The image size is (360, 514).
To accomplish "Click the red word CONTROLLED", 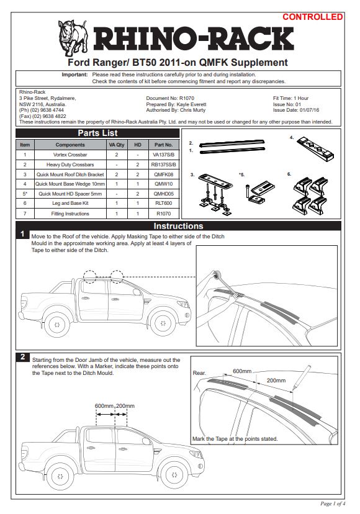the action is (x=312, y=17).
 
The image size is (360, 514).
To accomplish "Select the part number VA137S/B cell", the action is (x=164, y=155).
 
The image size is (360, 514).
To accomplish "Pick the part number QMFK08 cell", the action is (x=164, y=174).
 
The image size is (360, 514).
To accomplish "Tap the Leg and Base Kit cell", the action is (x=70, y=203).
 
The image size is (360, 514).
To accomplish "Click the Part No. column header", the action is (x=164, y=145).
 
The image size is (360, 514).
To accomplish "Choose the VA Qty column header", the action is (x=117, y=145).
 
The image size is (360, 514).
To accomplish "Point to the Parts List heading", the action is (x=97, y=133).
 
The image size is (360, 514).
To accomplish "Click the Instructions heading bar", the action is (x=178, y=226).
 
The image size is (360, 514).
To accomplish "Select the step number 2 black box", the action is (x=22, y=357).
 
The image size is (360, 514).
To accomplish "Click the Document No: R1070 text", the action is (x=170, y=98).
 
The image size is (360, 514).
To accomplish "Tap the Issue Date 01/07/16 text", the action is (x=295, y=110).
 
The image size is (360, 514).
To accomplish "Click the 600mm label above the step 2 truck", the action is (x=104, y=406).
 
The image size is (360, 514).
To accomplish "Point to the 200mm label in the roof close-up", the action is (x=276, y=381).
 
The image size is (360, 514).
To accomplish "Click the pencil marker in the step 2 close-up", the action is (x=301, y=377).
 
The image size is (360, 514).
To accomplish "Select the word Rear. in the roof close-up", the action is (x=199, y=373).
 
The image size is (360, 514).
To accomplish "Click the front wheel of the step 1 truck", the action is (x=163, y=323).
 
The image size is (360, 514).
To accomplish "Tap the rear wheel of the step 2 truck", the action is (x=60, y=476).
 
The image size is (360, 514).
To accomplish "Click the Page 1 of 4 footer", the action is (x=333, y=503).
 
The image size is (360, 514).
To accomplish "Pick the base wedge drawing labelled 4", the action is (x=316, y=149).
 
